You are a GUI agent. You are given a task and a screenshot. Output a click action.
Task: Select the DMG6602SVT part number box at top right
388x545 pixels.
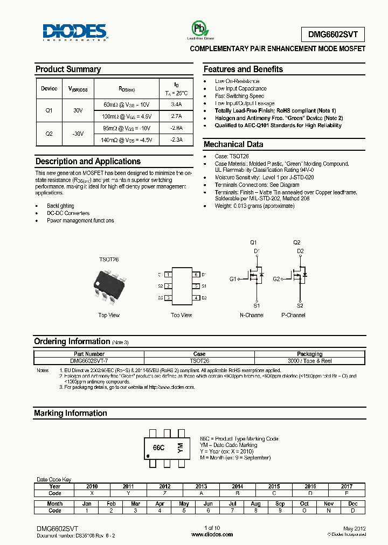(332, 34)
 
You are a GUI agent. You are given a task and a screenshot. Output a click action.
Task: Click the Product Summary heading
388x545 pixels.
(68, 69)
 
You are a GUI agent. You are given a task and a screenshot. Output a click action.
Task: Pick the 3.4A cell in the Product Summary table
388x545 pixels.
(176, 104)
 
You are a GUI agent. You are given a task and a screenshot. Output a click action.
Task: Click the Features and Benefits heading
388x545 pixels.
(243, 69)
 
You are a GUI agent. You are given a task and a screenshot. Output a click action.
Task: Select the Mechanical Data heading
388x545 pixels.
(233, 144)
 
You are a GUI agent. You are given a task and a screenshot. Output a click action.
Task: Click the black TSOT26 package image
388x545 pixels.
(109, 286)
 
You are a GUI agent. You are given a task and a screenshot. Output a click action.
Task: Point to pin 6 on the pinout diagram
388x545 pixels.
(197, 275)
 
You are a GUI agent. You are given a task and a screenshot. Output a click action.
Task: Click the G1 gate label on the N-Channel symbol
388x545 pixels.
(232, 279)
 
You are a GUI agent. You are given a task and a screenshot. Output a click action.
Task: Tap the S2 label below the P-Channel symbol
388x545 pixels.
(300, 305)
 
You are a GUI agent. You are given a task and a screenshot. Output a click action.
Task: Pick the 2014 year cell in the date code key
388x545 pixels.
(238, 486)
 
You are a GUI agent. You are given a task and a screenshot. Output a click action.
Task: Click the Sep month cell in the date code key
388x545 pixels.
(280, 504)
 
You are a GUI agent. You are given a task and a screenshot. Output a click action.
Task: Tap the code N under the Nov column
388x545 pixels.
(329, 510)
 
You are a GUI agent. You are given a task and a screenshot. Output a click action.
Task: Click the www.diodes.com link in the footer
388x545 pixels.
(212, 535)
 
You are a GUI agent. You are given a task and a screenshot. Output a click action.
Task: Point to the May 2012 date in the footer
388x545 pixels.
(355, 528)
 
